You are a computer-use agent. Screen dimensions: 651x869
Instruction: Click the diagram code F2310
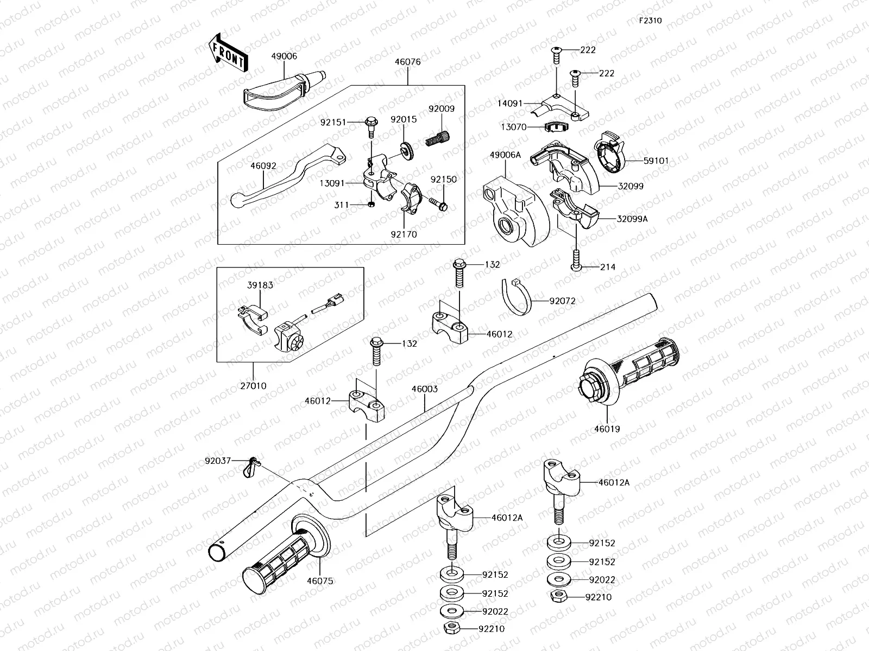[650, 21]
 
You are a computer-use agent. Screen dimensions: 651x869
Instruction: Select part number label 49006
[284, 56]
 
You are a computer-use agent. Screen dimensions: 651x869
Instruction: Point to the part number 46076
[407, 62]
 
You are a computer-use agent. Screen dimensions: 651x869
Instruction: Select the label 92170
[402, 235]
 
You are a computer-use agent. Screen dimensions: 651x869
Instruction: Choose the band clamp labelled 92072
[517, 297]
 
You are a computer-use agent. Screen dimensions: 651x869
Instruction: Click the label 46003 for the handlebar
[424, 389]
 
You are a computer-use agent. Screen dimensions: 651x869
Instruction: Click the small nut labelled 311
[371, 204]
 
